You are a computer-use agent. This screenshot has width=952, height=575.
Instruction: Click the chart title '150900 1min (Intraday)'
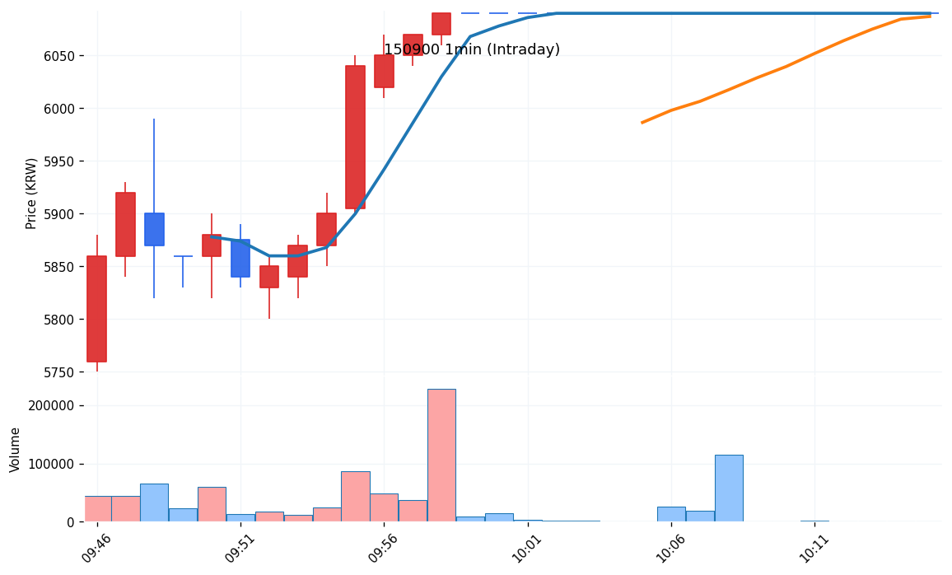[x=472, y=50]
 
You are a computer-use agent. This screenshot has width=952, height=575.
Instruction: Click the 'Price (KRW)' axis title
[x=31, y=193]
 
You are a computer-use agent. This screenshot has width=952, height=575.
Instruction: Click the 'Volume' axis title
[x=15, y=449]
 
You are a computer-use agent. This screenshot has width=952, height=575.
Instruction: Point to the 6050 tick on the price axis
[x=58, y=56]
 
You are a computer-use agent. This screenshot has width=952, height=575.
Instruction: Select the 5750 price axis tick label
[x=58, y=372]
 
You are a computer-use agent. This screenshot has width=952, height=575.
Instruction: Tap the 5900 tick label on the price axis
[x=58, y=214]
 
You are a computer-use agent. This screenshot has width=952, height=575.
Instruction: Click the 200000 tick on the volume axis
[x=51, y=406]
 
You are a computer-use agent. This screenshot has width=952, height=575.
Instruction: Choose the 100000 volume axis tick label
[x=51, y=464]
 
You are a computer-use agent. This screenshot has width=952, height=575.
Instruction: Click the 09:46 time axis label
[x=96, y=547]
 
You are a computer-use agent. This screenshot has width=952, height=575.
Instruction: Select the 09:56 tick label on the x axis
[x=383, y=547]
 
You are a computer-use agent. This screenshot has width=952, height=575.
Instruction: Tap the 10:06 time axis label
[x=670, y=547]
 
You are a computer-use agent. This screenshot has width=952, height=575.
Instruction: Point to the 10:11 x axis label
[x=813, y=547]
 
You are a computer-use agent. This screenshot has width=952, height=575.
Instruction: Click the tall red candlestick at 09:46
[x=96, y=309]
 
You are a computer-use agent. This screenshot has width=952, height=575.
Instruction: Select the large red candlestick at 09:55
[x=355, y=137]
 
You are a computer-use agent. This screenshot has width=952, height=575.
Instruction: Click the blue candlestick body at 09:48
[x=154, y=229]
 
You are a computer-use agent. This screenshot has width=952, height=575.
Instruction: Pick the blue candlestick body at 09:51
[x=240, y=258]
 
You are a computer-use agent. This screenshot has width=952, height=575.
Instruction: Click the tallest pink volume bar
[x=441, y=455]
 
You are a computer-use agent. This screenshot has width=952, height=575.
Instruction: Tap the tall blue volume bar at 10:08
[x=729, y=488]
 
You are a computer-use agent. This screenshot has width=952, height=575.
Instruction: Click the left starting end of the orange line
[x=642, y=123]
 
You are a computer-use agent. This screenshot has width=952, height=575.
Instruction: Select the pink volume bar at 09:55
[x=355, y=496]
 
